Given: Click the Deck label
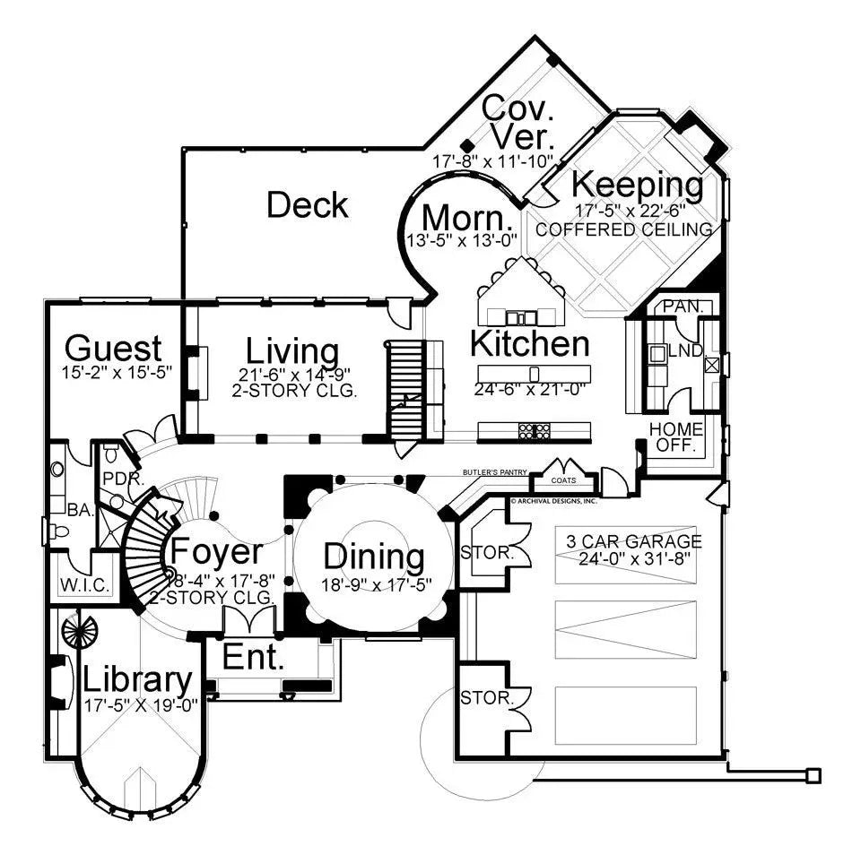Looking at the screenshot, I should click(x=308, y=205).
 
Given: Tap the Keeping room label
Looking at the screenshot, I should click(x=638, y=185).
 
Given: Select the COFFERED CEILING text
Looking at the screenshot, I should click(x=624, y=229).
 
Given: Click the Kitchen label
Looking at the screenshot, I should click(x=530, y=343).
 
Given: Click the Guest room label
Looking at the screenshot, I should click(x=114, y=348).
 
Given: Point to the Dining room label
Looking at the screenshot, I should click(x=374, y=557).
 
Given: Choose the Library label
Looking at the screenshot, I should click(x=137, y=680).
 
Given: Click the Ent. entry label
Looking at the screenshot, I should click(x=254, y=659).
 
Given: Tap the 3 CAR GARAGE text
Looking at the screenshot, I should click(x=633, y=542).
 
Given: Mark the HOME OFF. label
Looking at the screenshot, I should click(x=676, y=436).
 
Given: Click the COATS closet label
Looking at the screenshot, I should click(x=564, y=479).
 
